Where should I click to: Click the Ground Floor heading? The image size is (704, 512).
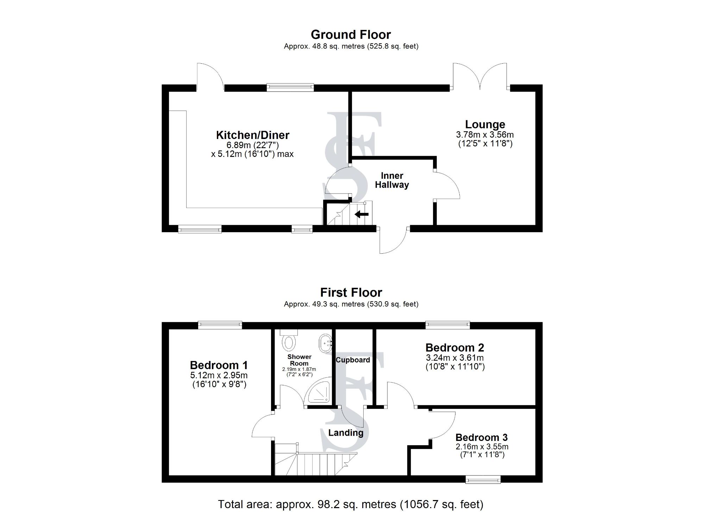[x=351, y=34]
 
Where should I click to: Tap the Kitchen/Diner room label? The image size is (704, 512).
[x=252, y=135]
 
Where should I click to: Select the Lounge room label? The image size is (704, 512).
[x=485, y=124]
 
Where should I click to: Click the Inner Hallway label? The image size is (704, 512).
[x=392, y=180]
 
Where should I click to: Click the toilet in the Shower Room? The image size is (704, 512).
[x=289, y=341]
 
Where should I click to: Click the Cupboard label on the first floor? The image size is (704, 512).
[x=353, y=360]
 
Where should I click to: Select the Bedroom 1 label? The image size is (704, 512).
[x=219, y=365]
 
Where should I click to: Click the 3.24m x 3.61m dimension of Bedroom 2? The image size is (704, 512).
[x=455, y=358]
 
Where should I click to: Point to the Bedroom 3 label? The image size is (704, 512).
[x=481, y=437]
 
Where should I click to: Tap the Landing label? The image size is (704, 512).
[x=346, y=433]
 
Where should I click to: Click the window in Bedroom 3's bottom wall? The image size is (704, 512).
[x=483, y=479]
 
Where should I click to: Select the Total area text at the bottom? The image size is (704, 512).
[x=351, y=504]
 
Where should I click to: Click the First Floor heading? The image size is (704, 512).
[x=351, y=292]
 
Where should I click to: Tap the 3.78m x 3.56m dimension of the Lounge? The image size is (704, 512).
[x=485, y=135]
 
